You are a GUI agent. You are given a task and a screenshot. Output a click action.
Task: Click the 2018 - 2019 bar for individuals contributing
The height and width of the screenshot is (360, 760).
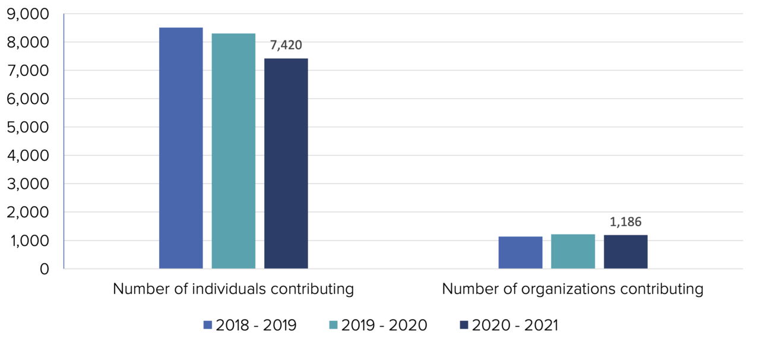coord(181,149)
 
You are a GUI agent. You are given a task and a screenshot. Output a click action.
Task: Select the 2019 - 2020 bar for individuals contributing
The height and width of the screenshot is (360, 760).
coord(233,151)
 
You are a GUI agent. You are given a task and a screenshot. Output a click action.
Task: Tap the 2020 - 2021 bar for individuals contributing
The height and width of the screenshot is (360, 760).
coord(286,164)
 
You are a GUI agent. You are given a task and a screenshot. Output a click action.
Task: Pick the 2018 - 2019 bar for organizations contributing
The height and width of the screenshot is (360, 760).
coord(520,252)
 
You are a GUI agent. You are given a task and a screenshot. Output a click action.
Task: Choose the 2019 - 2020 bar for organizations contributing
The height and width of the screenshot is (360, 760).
coord(573,251)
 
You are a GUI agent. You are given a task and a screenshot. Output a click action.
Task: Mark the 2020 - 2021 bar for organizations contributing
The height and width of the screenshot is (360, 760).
coord(626,252)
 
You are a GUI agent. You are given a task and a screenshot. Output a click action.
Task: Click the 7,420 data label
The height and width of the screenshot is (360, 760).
coord(286,45)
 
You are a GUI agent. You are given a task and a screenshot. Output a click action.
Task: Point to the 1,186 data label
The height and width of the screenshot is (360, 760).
coord(626,222)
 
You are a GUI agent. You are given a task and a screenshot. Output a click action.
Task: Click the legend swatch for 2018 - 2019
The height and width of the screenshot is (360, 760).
coord(207,325)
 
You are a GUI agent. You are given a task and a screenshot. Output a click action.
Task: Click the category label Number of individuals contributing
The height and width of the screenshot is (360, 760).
coord(233,289)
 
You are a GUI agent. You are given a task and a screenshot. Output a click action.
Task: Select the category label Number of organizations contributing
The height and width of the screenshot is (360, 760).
coord(572,289)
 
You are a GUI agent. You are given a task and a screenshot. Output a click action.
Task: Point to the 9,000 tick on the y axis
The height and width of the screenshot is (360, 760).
coord(28,14)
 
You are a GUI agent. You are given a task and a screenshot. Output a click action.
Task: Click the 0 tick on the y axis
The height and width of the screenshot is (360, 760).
coord(45,269)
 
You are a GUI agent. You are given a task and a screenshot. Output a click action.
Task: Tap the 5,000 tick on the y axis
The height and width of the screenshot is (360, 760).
coord(28,128)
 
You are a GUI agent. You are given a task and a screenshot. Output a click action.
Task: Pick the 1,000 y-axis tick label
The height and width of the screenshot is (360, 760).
coord(28,241)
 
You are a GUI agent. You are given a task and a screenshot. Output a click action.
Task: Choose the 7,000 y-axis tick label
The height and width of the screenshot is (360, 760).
coord(28,71)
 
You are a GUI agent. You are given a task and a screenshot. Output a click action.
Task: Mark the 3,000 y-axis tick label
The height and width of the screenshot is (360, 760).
coord(28,184)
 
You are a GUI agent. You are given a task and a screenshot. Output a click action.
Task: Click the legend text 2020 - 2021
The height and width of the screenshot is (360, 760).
coord(515,325)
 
